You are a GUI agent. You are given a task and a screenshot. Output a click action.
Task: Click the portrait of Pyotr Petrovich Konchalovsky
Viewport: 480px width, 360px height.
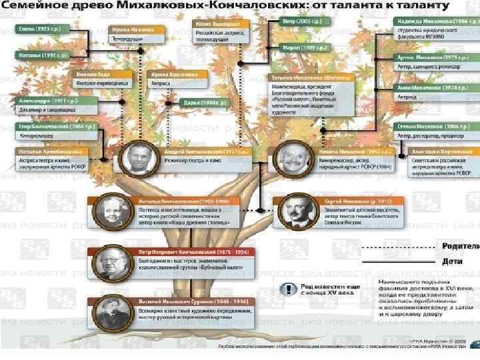pyautogui.click(x=107, y=263)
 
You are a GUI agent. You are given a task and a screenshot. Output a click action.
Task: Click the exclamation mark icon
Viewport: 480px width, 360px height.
pyautogui.click(x=287, y=290)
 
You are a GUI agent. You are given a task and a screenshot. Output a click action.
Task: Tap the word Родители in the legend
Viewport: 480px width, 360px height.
pyautogui.click(x=461, y=245)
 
